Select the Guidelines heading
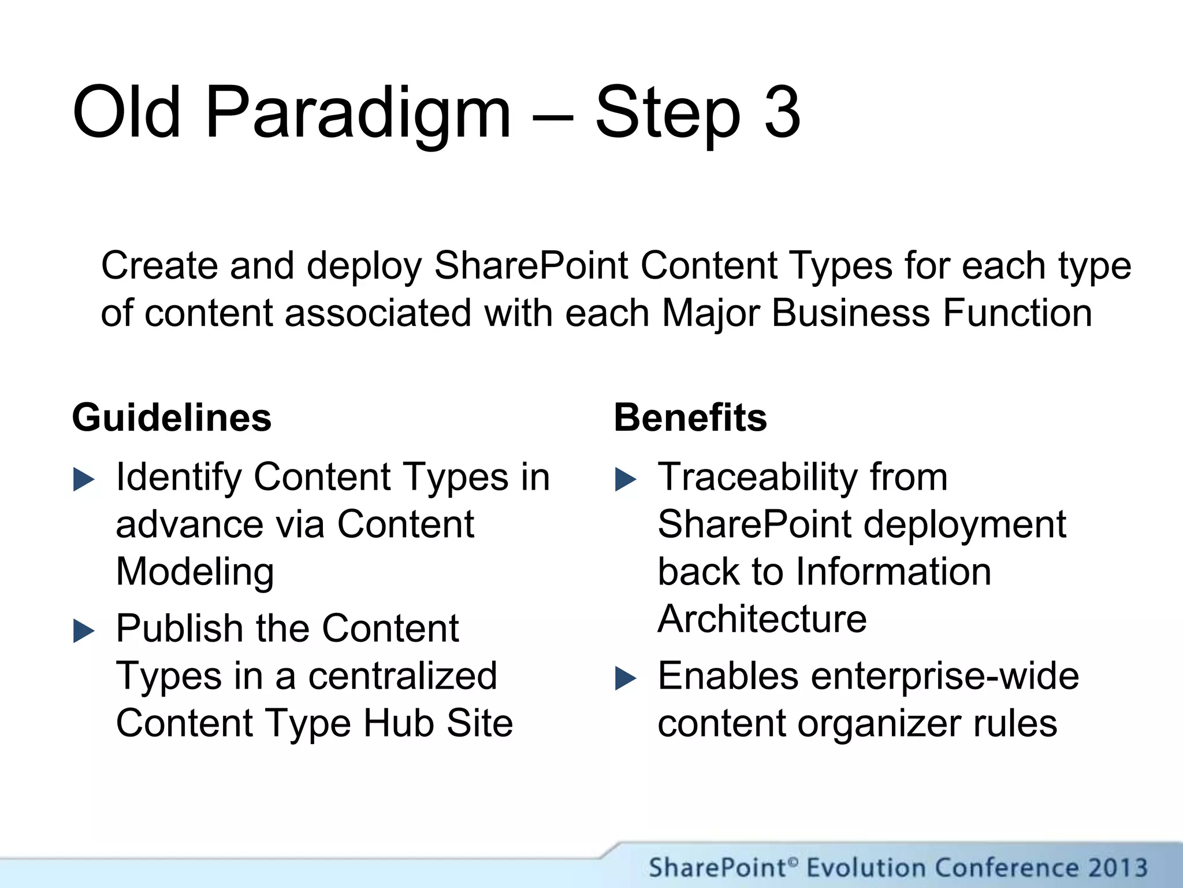pyautogui.click(x=172, y=417)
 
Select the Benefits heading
pyautogui.click(x=690, y=417)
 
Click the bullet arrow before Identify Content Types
pyautogui.click(x=84, y=480)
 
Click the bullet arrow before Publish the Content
pyautogui.click(x=84, y=631)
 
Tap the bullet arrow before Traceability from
pyautogui.click(x=626, y=480)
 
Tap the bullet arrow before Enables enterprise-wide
pyautogui.click(x=626, y=679)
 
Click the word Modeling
pyautogui.click(x=195, y=572)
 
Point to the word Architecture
pyautogui.click(x=762, y=619)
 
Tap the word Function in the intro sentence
pyautogui.click(x=1017, y=313)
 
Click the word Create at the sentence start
pyautogui.click(x=160, y=266)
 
